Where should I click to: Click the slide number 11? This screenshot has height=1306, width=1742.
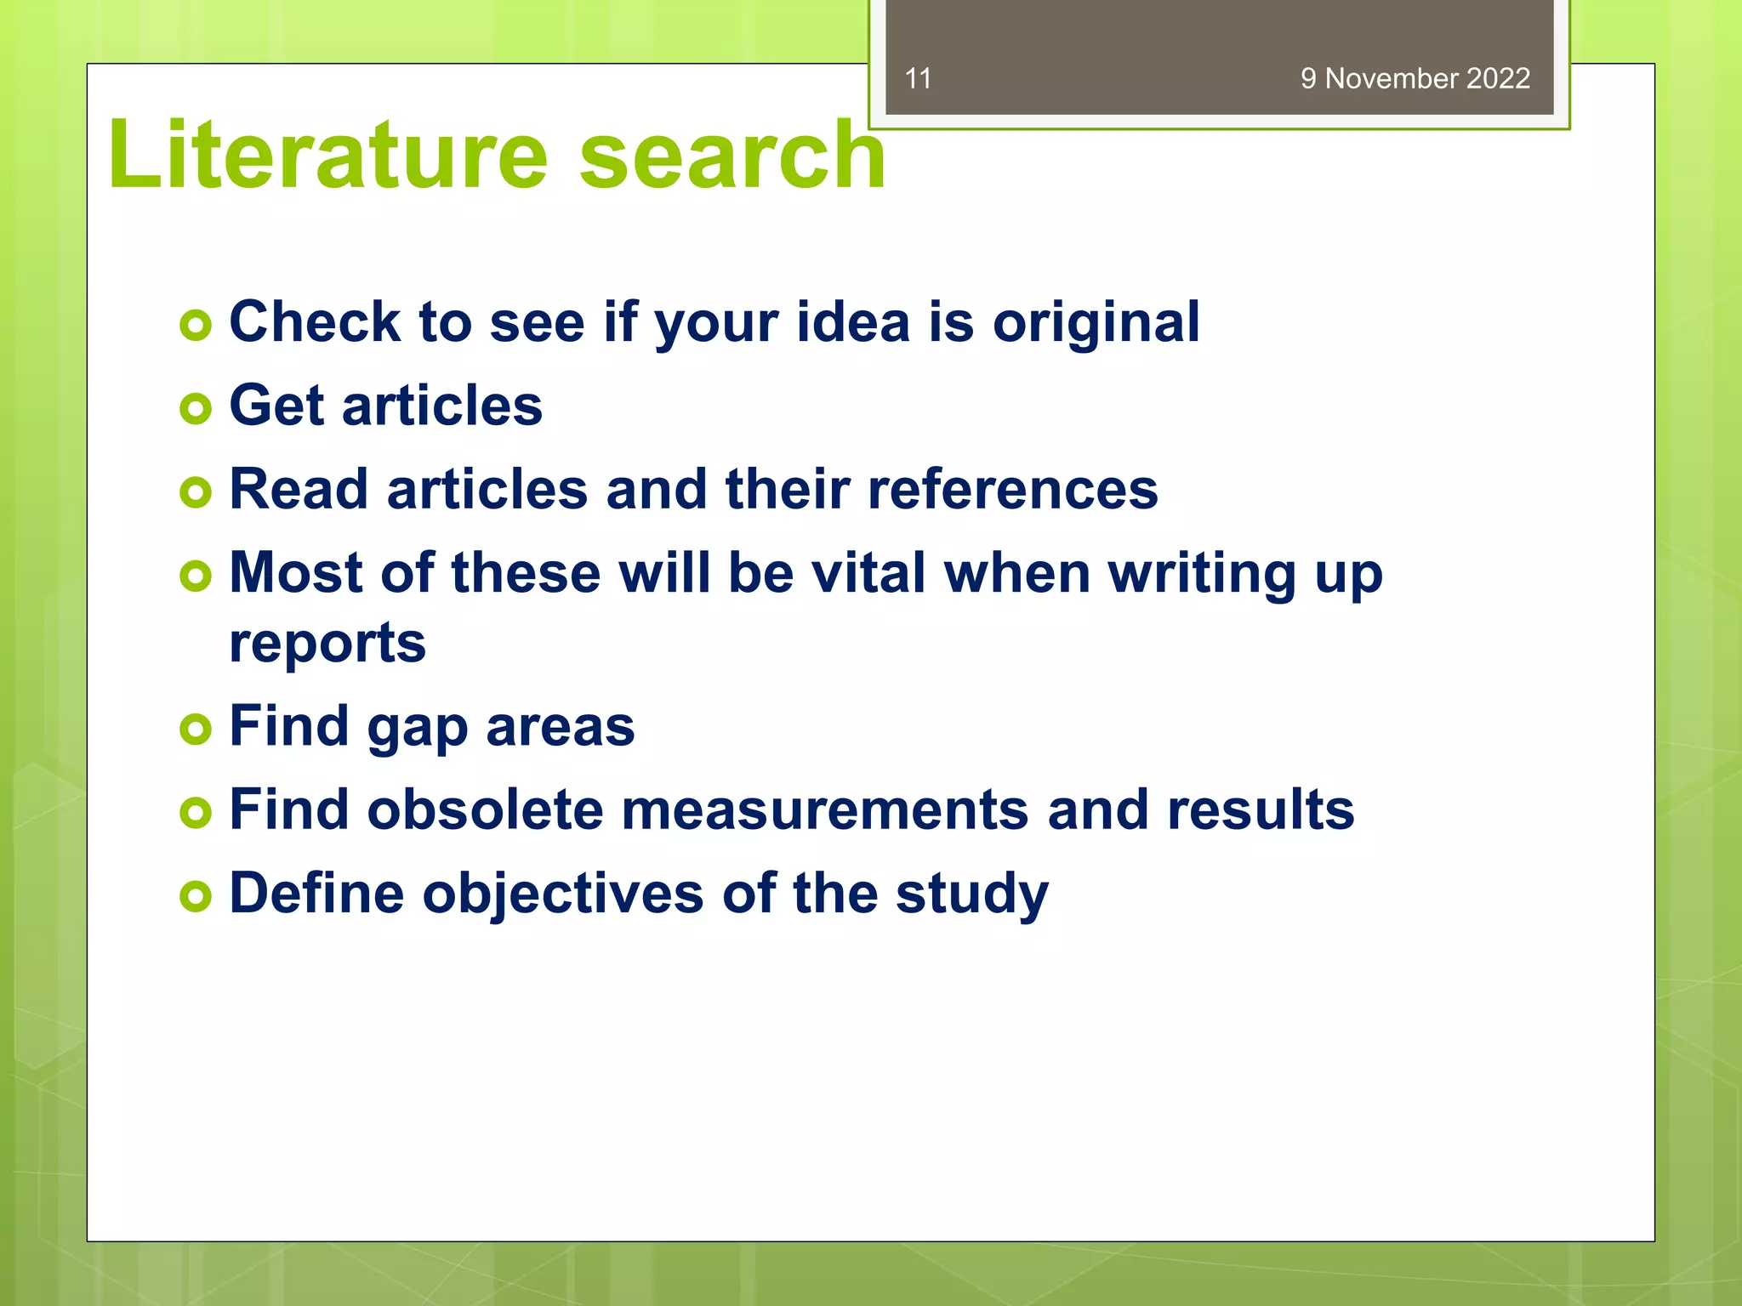click(x=918, y=78)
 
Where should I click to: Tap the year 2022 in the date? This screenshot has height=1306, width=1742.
click(x=1498, y=78)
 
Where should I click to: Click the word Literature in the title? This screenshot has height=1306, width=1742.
click(x=327, y=155)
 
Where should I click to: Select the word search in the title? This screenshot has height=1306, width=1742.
click(x=732, y=155)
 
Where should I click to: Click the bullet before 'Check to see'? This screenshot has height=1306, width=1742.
click(x=196, y=325)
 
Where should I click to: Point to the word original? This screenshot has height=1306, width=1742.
click(x=1096, y=323)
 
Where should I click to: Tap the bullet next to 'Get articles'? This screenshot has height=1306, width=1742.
click(x=196, y=408)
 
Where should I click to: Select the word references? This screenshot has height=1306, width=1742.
click(x=1012, y=490)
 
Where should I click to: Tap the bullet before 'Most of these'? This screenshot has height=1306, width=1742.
click(x=196, y=576)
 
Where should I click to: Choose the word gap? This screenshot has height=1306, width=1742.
click(x=417, y=728)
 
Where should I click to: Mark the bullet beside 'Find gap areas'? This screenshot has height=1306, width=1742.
click(x=196, y=729)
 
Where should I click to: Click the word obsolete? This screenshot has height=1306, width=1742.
click(x=485, y=809)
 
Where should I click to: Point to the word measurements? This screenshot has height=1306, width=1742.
click(x=825, y=809)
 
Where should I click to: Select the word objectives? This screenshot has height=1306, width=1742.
click(x=563, y=894)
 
